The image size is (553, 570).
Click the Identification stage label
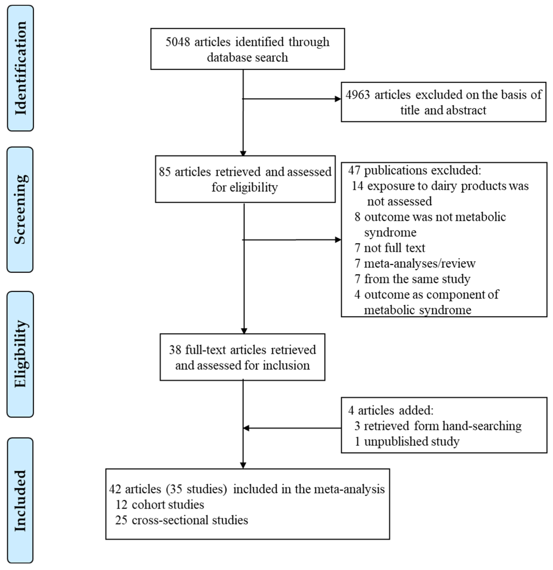(x=20, y=68)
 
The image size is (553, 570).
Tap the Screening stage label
(x=20, y=209)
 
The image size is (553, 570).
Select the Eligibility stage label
(x=20, y=354)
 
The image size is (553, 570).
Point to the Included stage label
(x=20, y=501)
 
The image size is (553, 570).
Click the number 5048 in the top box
(x=178, y=42)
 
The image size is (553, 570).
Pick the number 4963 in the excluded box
(x=358, y=95)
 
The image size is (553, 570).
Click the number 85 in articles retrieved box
(x=164, y=172)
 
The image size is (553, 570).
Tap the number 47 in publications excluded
(x=354, y=170)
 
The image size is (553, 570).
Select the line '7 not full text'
(x=390, y=248)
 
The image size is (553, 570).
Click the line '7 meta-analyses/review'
(x=415, y=263)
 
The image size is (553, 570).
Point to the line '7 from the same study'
(x=412, y=279)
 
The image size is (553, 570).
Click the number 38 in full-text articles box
(x=175, y=350)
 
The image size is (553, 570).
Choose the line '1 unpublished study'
(x=407, y=441)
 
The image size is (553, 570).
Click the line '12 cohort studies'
(x=160, y=504)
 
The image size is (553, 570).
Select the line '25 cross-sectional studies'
(x=181, y=520)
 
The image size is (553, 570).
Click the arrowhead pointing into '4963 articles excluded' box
(x=338, y=99)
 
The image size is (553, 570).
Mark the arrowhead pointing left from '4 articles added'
(x=246, y=428)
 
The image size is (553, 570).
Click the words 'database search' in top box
(x=247, y=58)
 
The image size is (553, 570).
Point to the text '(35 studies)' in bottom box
(x=196, y=489)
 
